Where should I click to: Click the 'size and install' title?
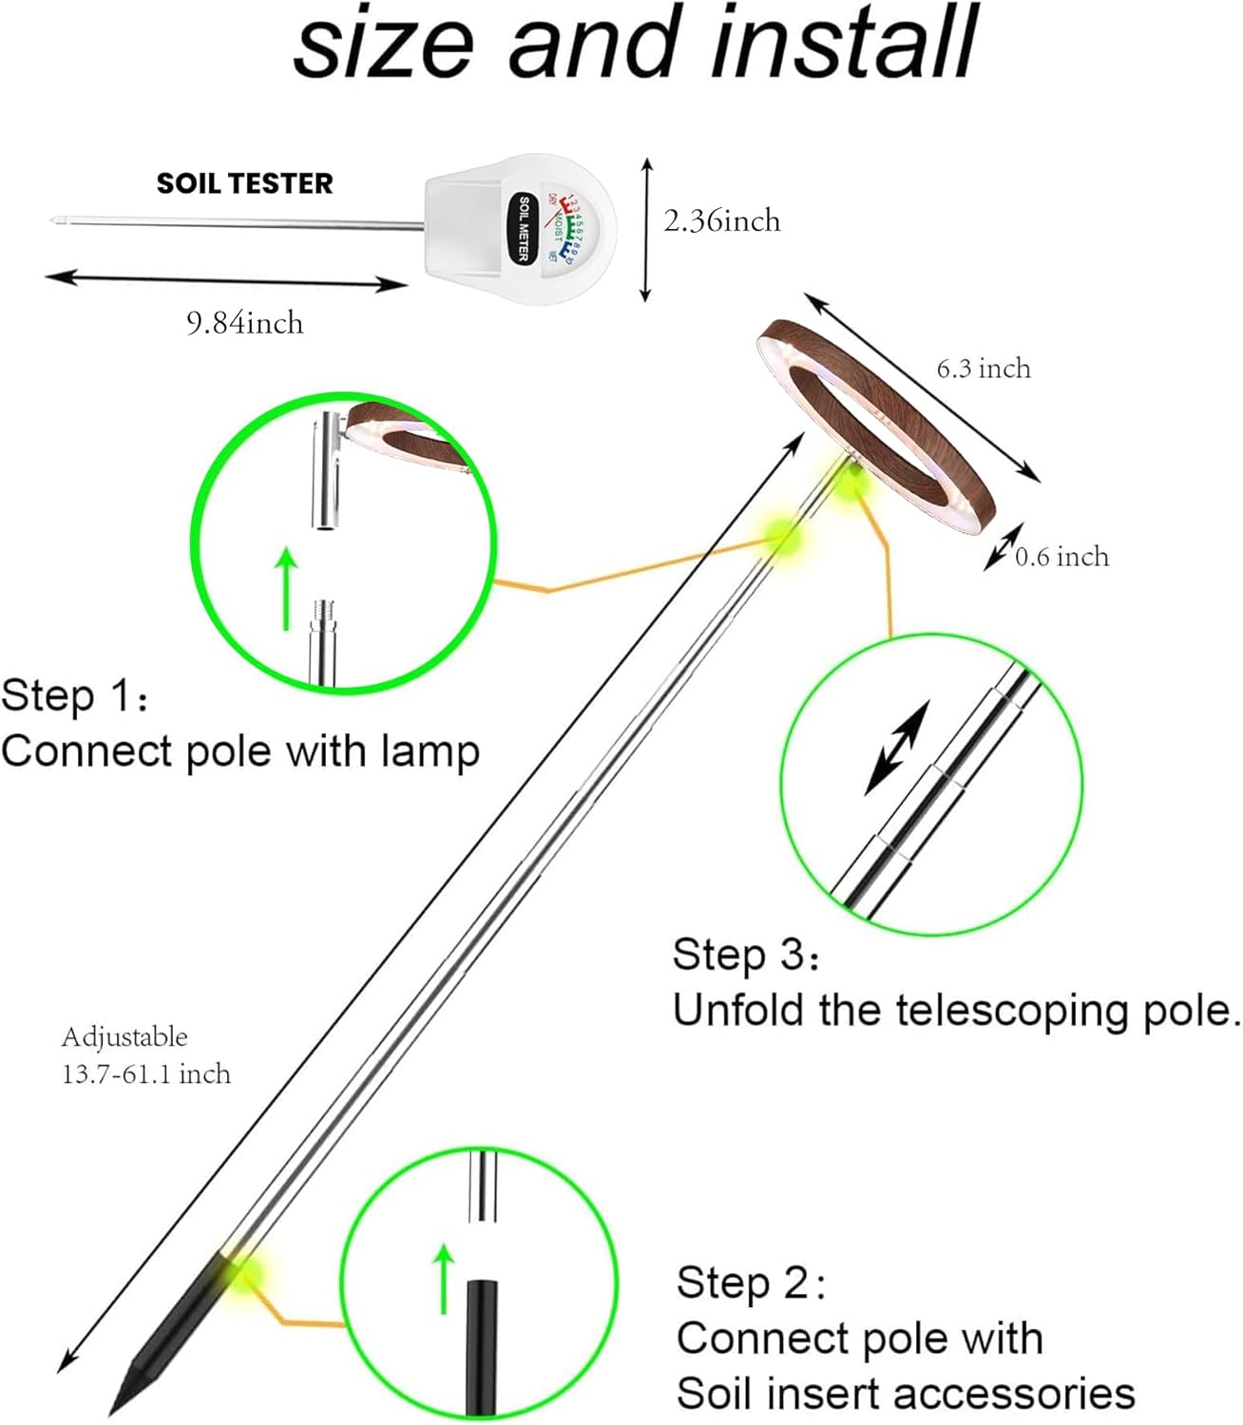click(635, 44)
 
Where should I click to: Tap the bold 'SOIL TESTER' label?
click(244, 183)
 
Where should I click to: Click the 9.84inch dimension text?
click(244, 324)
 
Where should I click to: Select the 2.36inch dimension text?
click(721, 220)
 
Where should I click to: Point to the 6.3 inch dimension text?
click(984, 369)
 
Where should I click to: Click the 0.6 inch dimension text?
click(1061, 557)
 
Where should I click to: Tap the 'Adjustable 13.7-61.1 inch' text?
click(145, 1055)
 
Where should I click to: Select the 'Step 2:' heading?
click(751, 1282)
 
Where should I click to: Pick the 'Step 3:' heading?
click(745, 955)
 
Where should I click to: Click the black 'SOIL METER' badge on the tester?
click(523, 229)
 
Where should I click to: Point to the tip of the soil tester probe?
click(51, 223)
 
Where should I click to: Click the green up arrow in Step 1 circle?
click(286, 589)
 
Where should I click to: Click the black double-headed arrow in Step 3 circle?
click(896, 749)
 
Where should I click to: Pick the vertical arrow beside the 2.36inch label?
click(647, 230)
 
